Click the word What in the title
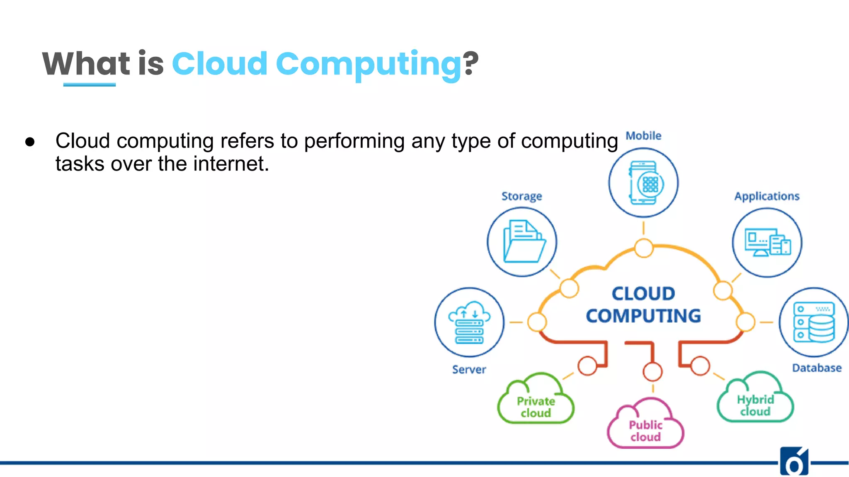pyautogui.click(x=86, y=64)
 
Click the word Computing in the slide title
pyautogui.click(x=368, y=65)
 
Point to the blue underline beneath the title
pyautogui.click(x=90, y=84)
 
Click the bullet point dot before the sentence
pyautogui.click(x=30, y=142)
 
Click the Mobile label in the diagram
pyautogui.click(x=643, y=136)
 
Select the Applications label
pyautogui.click(x=767, y=196)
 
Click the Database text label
pyautogui.click(x=817, y=368)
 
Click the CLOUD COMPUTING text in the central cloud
pyautogui.click(x=643, y=305)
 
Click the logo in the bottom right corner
pyautogui.click(x=794, y=462)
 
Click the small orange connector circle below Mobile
pyautogui.click(x=644, y=248)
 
